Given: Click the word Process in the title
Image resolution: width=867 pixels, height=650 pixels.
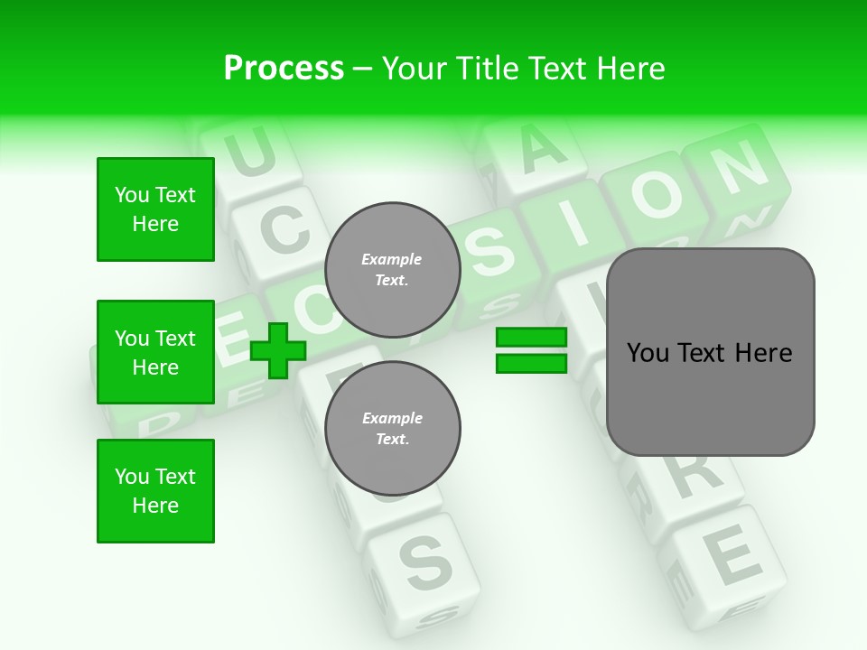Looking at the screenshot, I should tap(284, 69).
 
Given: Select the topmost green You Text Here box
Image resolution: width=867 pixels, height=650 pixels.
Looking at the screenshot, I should tap(155, 209).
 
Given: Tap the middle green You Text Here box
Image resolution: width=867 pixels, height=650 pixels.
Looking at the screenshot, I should tap(155, 352).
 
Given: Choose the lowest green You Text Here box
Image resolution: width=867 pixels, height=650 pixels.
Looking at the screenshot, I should tap(155, 490).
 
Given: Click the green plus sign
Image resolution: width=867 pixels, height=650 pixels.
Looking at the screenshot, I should tap(277, 350).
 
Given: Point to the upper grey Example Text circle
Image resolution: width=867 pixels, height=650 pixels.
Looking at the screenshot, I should tap(392, 269).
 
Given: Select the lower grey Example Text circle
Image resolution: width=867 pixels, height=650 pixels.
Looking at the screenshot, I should tap(392, 428).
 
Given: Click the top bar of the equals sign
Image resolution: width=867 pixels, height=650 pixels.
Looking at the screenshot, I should tap(531, 338).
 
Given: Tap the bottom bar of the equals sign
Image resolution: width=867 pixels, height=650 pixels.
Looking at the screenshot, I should tap(531, 363).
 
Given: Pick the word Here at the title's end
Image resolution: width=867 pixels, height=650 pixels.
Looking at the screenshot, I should tap(631, 69).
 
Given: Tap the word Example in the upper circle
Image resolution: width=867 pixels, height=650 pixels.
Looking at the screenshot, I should tap(392, 259).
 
